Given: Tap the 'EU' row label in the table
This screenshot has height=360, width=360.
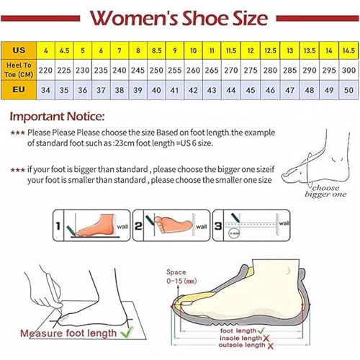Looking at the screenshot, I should pos(19,91).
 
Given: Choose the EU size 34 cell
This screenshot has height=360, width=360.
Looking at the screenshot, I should pos(45,91).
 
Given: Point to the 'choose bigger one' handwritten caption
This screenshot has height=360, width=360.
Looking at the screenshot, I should pos(315,189).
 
